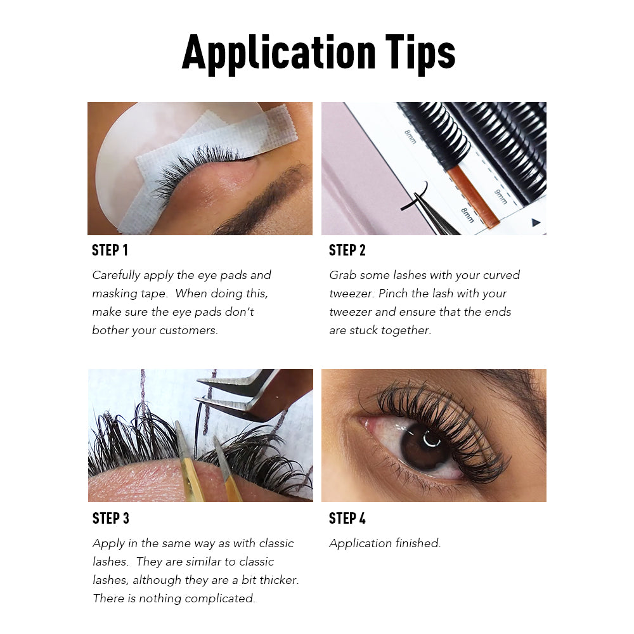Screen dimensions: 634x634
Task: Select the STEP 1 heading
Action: [110, 250]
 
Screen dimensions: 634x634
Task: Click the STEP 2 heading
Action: [347, 250]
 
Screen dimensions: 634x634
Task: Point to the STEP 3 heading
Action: [111, 518]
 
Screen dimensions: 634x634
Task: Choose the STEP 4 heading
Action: [347, 518]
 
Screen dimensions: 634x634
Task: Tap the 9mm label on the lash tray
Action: [501, 197]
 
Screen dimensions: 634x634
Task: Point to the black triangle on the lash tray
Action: [536, 222]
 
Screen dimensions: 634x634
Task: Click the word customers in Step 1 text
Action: [189, 330]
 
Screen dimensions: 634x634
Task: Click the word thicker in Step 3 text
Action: [279, 580]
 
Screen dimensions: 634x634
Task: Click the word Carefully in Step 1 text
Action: [117, 275]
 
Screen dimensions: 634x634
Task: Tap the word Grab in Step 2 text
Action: [342, 275]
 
